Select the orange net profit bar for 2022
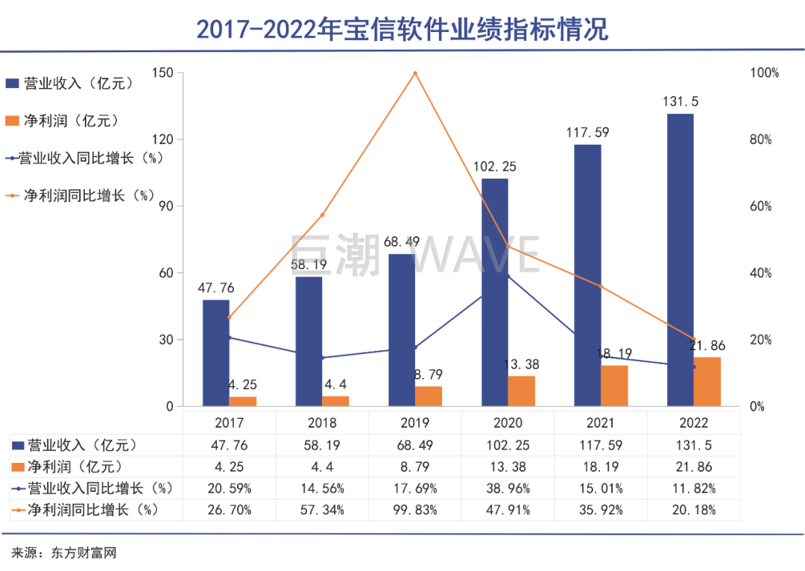[x=707, y=382]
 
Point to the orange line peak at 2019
[x=415, y=73]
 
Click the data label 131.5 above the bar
[x=681, y=102]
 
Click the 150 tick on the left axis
[x=162, y=73]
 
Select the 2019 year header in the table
[x=415, y=423]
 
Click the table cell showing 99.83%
[x=415, y=511]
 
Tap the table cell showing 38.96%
[x=508, y=489]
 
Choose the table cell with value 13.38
[x=508, y=467]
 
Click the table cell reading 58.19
[x=322, y=446]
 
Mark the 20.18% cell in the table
[x=695, y=511]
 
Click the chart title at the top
[x=402, y=28]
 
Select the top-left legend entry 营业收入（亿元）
[x=70, y=83]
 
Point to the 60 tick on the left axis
[x=165, y=274]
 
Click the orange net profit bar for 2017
[x=242, y=401]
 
